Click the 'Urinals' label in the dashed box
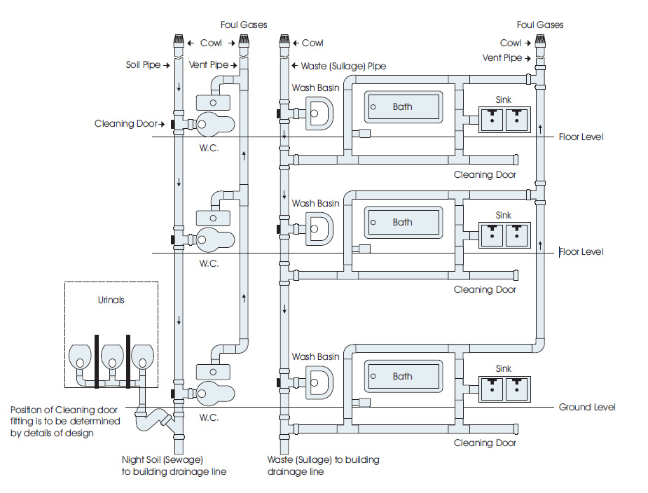(111, 300)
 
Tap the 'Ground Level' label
(587, 408)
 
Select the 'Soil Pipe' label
(142, 65)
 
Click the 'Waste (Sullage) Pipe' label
(343, 66)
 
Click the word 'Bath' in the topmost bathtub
(402, 107)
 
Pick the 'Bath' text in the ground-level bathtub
(402, 376)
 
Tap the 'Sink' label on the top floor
(504, 100)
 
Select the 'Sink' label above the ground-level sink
(504, 368)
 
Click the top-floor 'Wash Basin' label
(315, 88)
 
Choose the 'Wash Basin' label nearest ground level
(315, 356)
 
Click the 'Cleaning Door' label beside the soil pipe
(126, 124)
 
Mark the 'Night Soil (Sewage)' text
(163, 460)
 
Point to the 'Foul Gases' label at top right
(539, 25)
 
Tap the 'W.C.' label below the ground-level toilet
(209, 418)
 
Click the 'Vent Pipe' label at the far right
(502, 58)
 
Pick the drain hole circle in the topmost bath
(373, 107)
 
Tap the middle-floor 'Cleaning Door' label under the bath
(485, 289)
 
